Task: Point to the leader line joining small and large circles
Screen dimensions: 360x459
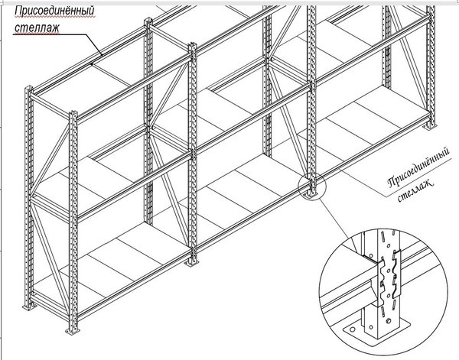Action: (338, 219)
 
